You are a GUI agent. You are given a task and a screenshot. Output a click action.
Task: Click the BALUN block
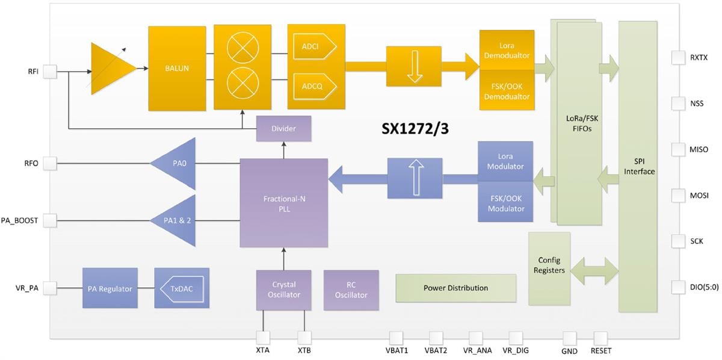click(177, 68)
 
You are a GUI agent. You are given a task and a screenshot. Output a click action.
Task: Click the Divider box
click(283, 129)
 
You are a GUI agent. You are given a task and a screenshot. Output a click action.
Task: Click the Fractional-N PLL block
click(283, 203)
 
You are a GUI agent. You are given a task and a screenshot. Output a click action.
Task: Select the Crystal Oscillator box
click(283, 290)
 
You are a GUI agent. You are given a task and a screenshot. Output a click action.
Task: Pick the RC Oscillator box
click(351, 290)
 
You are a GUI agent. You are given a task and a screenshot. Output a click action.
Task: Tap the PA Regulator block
click(110, 289)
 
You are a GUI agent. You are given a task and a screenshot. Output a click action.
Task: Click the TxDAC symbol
click(181, 289)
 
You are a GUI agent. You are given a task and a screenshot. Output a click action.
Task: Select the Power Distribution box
click(455, 288)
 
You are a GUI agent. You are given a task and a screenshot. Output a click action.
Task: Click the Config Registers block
click(549, 265)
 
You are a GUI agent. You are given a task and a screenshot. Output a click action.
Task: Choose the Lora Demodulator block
click(507, 51)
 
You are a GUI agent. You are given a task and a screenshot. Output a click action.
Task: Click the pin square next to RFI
click(49, 72)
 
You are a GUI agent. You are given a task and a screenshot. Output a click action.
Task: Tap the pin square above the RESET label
click(600, 338)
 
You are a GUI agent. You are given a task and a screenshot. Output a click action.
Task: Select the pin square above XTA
click(263, 338)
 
